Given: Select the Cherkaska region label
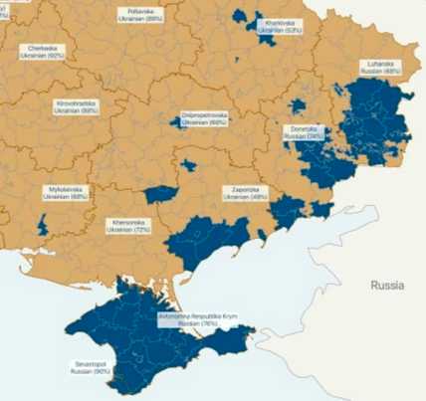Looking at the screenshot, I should point(41,53).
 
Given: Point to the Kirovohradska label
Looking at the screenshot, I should point(77,106).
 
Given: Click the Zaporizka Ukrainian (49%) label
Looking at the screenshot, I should point(246,194).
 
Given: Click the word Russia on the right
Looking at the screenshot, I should point(386,285).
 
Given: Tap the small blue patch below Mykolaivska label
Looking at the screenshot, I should point(43,224).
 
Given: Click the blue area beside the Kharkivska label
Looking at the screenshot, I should point(245,19).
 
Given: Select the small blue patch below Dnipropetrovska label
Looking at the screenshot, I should point(188,165).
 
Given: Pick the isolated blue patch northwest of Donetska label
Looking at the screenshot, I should point(298,105).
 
